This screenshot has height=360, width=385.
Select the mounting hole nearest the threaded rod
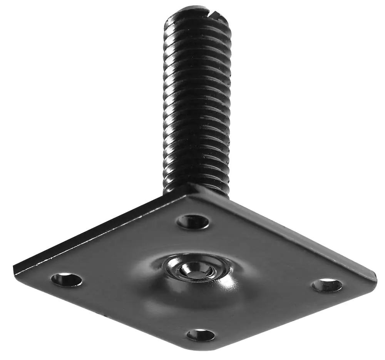click(x=193, y=222)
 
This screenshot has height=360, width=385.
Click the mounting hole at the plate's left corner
click(x=66, y=280)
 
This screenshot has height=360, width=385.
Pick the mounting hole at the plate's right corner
click(x=326, y=285)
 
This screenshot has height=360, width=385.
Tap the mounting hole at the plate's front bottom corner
click(x=201, y=335)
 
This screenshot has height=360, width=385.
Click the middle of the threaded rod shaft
click(x=197, y=100)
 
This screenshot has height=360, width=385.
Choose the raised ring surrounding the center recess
click(x=169, y=265)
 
